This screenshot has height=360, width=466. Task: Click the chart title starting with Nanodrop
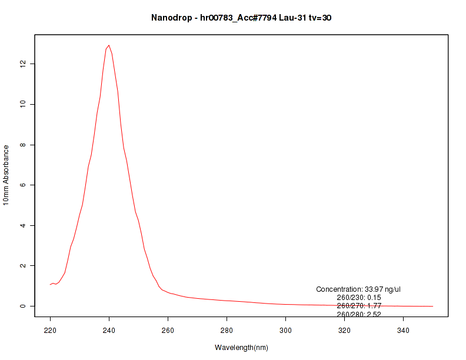(241, 18)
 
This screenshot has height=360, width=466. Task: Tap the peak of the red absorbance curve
(109, 45)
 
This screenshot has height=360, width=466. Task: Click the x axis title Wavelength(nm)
(241, 348)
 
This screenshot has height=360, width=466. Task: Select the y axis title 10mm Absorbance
(6, 175)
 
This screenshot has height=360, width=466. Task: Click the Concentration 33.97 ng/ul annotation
(358, 289)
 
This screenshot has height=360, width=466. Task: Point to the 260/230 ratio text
(359, 298)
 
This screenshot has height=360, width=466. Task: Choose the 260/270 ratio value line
(359, 306)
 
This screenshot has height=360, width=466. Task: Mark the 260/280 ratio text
(359, 314)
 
